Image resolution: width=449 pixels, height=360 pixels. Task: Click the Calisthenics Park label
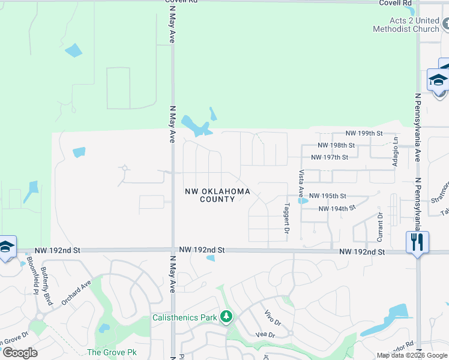[x=184, y=317]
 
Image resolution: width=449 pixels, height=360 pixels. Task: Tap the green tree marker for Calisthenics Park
[x=226, y=316]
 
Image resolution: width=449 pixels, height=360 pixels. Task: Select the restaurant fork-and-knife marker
[x=417, y=242]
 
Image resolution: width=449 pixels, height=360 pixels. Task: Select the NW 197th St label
[x=330, y=157]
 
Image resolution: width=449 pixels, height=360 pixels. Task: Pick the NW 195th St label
[x=328, y=196]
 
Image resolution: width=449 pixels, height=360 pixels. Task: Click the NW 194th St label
[x=337, y=208]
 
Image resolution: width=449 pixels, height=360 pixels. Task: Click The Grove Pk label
[x=112, y=352]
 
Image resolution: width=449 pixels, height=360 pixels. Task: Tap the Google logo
[x=20, y=353]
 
